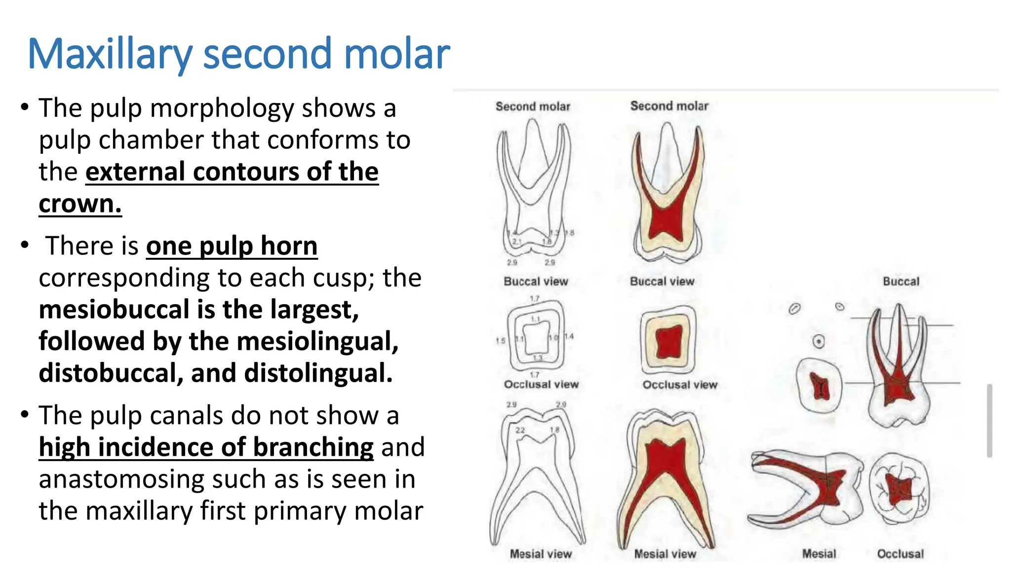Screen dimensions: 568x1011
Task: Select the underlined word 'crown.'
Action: tap(80, 204)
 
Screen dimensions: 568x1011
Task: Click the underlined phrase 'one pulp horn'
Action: tap(232, 246)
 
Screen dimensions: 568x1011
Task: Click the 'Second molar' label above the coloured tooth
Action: tap(669, 106)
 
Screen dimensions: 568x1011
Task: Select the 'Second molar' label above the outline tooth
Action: tap(533, 106)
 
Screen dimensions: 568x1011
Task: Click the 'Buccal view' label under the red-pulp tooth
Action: tap(662, 282)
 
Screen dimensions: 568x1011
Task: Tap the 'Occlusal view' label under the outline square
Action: tap(541, 385)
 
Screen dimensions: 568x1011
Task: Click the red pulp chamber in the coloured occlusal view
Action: tap(668, 342)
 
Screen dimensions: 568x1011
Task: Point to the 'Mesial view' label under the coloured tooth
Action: tap(665, 554)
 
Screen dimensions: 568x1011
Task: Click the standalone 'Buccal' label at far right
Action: tap(901, 282)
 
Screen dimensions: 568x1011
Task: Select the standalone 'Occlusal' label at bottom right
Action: tap(900, 554)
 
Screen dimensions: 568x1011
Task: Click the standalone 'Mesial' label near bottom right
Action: tap(819, 554)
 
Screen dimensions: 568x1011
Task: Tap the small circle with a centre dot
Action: tap(818, 341)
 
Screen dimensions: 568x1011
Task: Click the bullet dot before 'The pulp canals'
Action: tap(25, 415)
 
